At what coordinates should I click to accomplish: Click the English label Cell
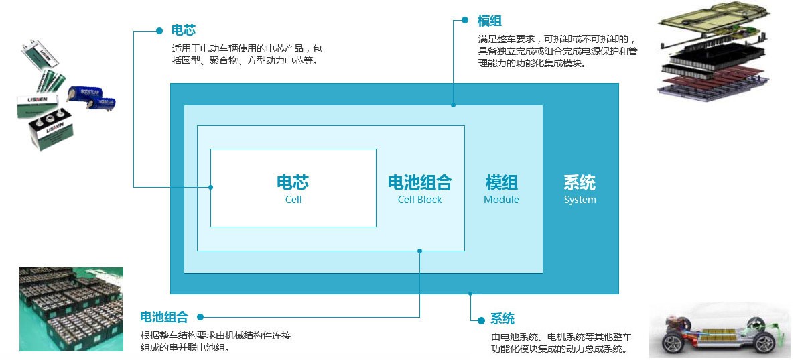click(293, 200)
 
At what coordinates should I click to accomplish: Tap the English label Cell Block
click(419, 200)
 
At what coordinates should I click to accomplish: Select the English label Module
click(501, 200)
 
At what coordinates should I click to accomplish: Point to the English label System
click(580, 200)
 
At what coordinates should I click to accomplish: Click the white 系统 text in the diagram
click(580, 182)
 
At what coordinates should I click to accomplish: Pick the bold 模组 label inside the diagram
click(501, 182)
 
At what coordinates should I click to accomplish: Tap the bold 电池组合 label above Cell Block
click(419, 182)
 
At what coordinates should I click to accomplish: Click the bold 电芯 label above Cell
click(293, 182)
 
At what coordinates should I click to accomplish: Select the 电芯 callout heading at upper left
click(184, 30)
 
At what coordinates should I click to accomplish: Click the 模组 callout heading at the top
click(489, 21)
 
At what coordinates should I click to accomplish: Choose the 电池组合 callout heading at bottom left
click(164, 317)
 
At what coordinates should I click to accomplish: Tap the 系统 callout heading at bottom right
click(503, 318)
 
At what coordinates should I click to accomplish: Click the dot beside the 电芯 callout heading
click(159, 31)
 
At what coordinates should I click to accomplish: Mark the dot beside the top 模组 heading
click(465, 20)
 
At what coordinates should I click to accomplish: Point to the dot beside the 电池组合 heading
click(200, 317)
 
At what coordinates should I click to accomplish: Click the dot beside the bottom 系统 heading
click(481, 321)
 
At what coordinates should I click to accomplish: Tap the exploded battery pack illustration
click(713, 52)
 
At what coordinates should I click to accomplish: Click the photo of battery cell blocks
click(71, 309)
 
